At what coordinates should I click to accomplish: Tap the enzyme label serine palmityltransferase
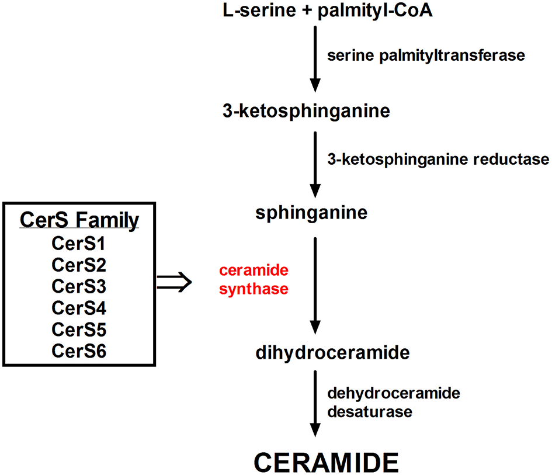tap(426, 56)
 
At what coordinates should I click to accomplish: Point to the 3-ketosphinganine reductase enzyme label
tap(438, 159)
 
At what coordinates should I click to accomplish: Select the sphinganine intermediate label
tap(311, 213)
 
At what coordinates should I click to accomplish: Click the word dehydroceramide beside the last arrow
tap(394, 393)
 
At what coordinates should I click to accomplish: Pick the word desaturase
tap(370, 411)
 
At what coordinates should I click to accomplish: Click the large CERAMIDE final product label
tap(327, 462)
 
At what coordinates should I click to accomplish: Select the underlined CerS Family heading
tap(79, 220)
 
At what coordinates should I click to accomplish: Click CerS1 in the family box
tap(79, 244)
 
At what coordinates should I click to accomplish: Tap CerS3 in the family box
tap(79, 286)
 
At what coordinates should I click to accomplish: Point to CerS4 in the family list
tap(79, 307)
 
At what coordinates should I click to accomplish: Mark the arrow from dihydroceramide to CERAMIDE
tap(315, 403)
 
